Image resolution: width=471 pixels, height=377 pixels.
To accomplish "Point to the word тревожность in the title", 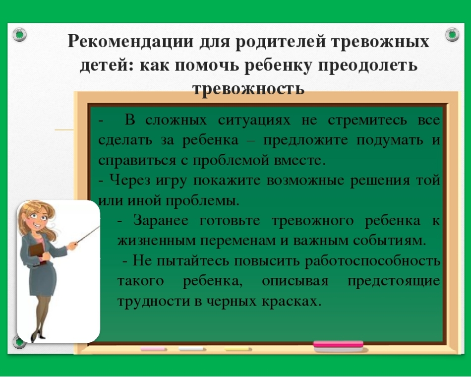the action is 248,88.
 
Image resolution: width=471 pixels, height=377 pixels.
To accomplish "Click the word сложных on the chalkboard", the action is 177,120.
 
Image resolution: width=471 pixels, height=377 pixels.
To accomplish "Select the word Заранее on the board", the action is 161,221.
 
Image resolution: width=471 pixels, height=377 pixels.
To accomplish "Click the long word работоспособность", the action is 372,261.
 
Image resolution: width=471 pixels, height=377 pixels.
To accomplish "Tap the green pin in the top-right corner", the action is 452,34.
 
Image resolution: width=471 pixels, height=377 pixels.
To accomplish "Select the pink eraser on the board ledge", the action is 339,346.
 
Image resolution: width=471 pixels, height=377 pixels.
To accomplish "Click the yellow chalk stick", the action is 237,349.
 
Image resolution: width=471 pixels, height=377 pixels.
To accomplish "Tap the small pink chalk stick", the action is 153,349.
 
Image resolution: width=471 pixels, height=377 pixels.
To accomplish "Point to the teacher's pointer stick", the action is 88,234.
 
